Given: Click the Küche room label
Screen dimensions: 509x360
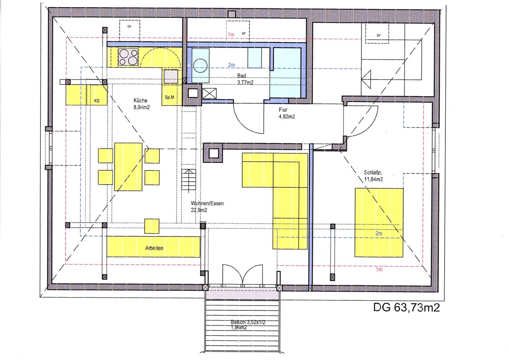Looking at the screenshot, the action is coord(140,100).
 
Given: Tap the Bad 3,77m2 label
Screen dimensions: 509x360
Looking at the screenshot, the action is coord(245,79).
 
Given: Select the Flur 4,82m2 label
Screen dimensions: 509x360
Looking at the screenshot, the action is coord(287,113).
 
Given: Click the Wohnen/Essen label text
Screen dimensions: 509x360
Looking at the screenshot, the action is coord(207,203).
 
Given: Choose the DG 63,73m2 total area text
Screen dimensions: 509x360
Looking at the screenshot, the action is coord(406,308).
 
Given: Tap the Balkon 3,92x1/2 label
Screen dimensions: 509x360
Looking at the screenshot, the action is coord(248,322).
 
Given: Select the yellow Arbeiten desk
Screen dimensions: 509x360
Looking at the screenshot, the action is coord(153,247).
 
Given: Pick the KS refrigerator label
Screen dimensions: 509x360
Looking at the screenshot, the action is coord(97,101).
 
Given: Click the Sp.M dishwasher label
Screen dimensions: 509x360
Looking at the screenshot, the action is coord(169,97).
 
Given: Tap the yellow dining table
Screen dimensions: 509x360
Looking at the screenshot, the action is coord(128,166).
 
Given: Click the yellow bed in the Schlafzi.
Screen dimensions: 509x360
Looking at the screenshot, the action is coord(379,223).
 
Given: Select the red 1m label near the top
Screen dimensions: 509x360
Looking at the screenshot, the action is coord(231,35).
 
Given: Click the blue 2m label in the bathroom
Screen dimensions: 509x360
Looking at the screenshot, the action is coord(231,65).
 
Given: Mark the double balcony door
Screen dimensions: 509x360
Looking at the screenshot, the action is coord(243,274).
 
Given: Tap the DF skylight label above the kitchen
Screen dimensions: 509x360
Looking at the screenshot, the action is coord(129,27).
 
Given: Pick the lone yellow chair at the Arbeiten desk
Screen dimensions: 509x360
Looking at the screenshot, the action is coord(152,226).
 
